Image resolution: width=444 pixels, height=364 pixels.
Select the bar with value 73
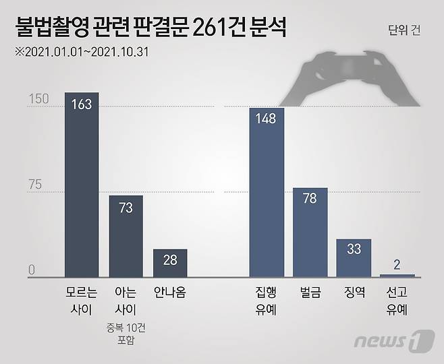pyautogui.click(x=126, y=236)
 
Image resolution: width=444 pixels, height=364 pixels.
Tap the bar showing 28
pyautogui.click(x=169, y=263)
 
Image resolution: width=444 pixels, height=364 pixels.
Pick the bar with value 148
pyautogui.click(x=267, y=192)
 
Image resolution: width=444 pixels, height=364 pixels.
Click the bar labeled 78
pyautogui.click(x=310, y=232)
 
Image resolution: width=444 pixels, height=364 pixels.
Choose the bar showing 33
pyautogui.click(x=354, y=257)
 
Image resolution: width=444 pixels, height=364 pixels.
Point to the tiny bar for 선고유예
pyautogui.click(x=397, y=275)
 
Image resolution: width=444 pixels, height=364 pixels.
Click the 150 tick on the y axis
pyautogui.click(x=38, y=100)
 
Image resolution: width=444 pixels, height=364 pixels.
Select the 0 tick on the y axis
pyautogui.click(x=31, y=271)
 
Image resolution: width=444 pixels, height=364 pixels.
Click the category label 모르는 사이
pyautogui.click(x=82, y=301)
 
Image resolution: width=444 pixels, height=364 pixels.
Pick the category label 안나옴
pyautogui.click(x=169, y=293)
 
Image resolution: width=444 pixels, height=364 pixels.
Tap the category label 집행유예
pyautogui.click(x=267, y=301)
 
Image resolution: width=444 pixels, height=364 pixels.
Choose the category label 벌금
pyautogui.click(x=310, y=293)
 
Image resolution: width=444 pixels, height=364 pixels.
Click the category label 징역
pyautogui.click(x=354, y=293)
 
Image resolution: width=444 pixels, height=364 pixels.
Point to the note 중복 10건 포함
pyautogui.click(x=126, y=336)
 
